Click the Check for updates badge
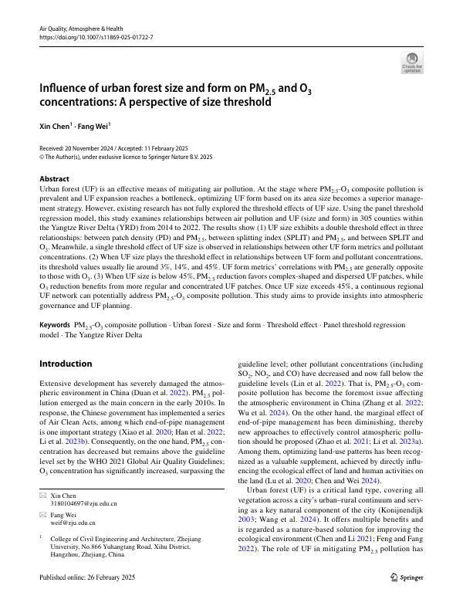(x=412, y=63)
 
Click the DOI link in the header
(x=96, y=37)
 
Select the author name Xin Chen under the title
(x=56, y=125)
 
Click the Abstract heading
(x=54, y=179)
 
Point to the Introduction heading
(x=66, y=364)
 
